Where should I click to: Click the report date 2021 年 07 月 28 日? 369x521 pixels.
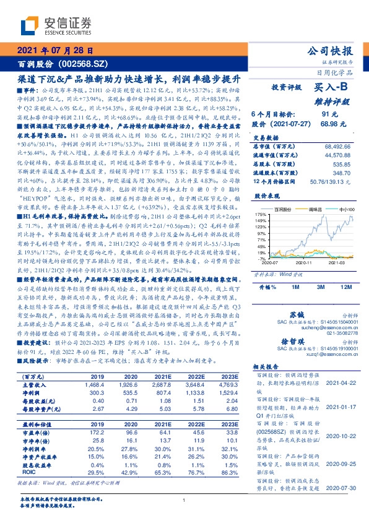point(55,51)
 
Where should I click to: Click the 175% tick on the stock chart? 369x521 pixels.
point(261,213)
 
